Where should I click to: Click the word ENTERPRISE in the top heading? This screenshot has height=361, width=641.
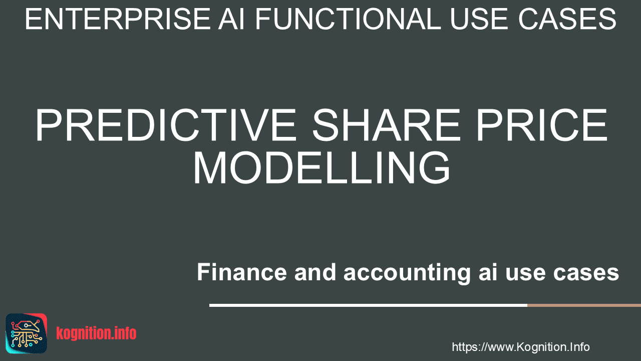pyautogui.click(x=118, y=19)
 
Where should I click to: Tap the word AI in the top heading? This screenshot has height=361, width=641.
pyautogui.click(x=232, y=19)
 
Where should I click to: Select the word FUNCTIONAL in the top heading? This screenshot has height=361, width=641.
pyautogui.click(x=348, y=19)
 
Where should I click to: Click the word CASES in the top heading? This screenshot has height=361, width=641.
pyautogui.click(x=567, y=19)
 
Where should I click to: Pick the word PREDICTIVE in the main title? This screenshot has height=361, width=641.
pyautogui.click(x=166, y=125)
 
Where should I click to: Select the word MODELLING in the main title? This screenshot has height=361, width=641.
pyautogui.click(x=322, y=168)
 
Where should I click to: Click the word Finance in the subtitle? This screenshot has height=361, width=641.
pyautogui.click(x=242, y=272)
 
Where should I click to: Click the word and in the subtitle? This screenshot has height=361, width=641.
pyautogui.click(x=315, y=272)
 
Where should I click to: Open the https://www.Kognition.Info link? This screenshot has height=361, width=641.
pyautogui.click(x=521, y=347)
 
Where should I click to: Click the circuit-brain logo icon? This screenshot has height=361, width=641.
pyautogui.click(x=27, y=333)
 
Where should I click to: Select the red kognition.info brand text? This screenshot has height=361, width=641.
pyautogui.click(x=96, y=333)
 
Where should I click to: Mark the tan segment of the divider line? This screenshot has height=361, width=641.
pyautogui.click(x=584, y=305)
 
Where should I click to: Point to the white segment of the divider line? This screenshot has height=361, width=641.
pyautogui.click(x=368, y=305)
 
